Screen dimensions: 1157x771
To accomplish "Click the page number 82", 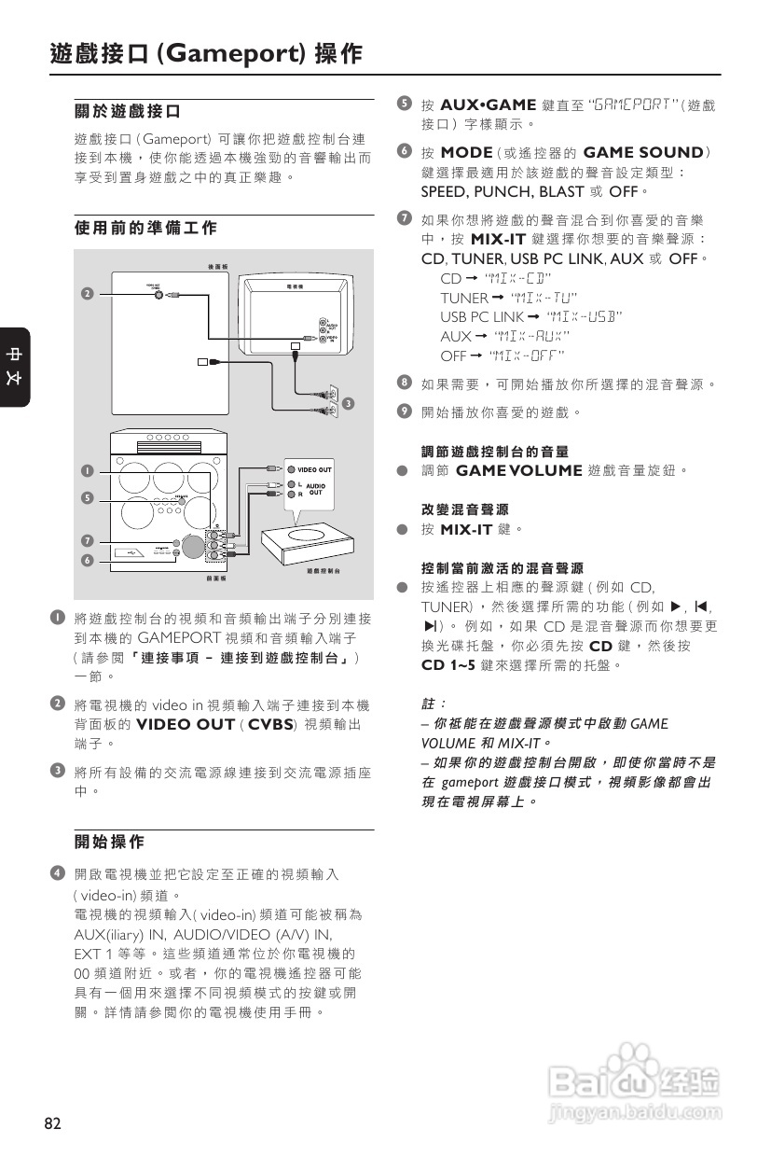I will (x=53, y=1123).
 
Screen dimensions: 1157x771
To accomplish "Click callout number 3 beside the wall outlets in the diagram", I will (x=347, y=403).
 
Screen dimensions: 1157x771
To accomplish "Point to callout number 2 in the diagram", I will (x=86, y=293).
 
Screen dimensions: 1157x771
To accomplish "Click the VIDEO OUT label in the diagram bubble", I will (x=314, y=469).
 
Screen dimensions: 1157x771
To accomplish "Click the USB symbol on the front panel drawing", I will (x=131, y=553).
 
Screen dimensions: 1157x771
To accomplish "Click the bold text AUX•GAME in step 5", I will (x=488, y=105).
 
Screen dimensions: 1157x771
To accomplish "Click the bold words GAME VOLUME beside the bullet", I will (x=518, y=470).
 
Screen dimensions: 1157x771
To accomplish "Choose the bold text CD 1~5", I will (x=448, y=665).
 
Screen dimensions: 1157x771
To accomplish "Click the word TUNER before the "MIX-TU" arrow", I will (x=463, y=298).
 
